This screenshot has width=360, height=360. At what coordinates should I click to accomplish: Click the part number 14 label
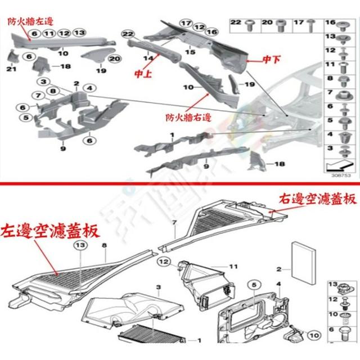148,58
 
